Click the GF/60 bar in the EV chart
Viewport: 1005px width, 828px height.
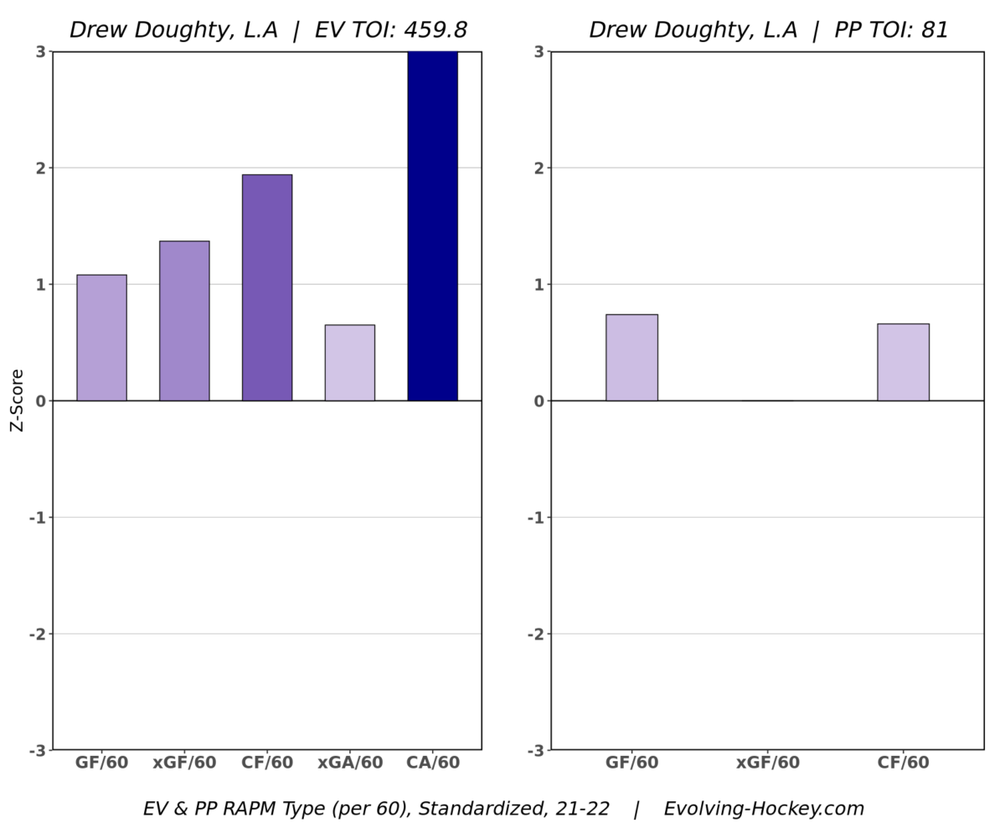(101, 338)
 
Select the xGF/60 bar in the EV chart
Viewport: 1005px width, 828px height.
(184, 321)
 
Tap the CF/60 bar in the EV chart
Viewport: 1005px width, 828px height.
(267, 287)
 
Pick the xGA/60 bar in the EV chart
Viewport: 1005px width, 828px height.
(350, 363)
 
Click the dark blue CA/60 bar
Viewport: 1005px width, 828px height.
(432, 226)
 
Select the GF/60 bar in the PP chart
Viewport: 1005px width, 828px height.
(631, 358)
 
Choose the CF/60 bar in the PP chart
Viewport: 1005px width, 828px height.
(903, 362)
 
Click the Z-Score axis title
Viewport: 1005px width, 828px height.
(17, 401)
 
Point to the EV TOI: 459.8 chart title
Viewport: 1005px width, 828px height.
(268, 30)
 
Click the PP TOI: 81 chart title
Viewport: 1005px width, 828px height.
(769, 30)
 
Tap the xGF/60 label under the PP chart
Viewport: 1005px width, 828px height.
(767, 763)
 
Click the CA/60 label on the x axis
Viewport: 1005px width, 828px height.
(432, 763)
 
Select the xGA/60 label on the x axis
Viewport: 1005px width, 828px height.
(350, 763)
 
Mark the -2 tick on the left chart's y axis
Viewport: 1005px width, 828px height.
(37, 634)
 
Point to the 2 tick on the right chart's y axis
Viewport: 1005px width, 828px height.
(539, 168)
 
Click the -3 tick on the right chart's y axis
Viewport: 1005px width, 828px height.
(535, 750)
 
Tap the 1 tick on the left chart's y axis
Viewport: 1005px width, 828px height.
(40, 284)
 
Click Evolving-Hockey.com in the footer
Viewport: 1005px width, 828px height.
(764, 809)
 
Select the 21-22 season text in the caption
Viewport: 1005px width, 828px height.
(584, 809)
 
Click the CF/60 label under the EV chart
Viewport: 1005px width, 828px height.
(267, 763)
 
